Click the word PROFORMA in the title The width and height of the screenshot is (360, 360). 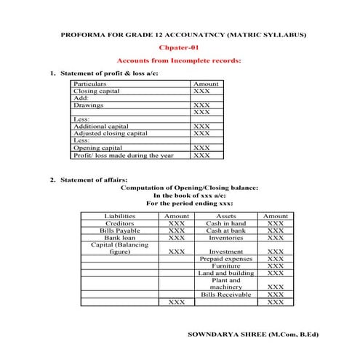click(80, 34)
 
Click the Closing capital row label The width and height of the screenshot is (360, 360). click(97, 92)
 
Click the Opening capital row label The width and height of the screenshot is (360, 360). click(97, 148)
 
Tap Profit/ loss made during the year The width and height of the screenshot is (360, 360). click(124, 155)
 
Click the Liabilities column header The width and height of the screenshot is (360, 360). click(120, 216)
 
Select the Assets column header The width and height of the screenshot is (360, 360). click(226, 216)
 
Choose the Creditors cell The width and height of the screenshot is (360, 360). click(120, 223)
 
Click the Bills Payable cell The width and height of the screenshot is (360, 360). click(120, 231)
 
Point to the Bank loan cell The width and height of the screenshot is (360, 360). click(120, 238)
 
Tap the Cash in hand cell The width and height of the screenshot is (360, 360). click(226, 223)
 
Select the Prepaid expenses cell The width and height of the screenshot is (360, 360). click(226, 259)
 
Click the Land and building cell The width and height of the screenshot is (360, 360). click(226, 273)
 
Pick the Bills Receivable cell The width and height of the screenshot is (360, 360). click(226, 295)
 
